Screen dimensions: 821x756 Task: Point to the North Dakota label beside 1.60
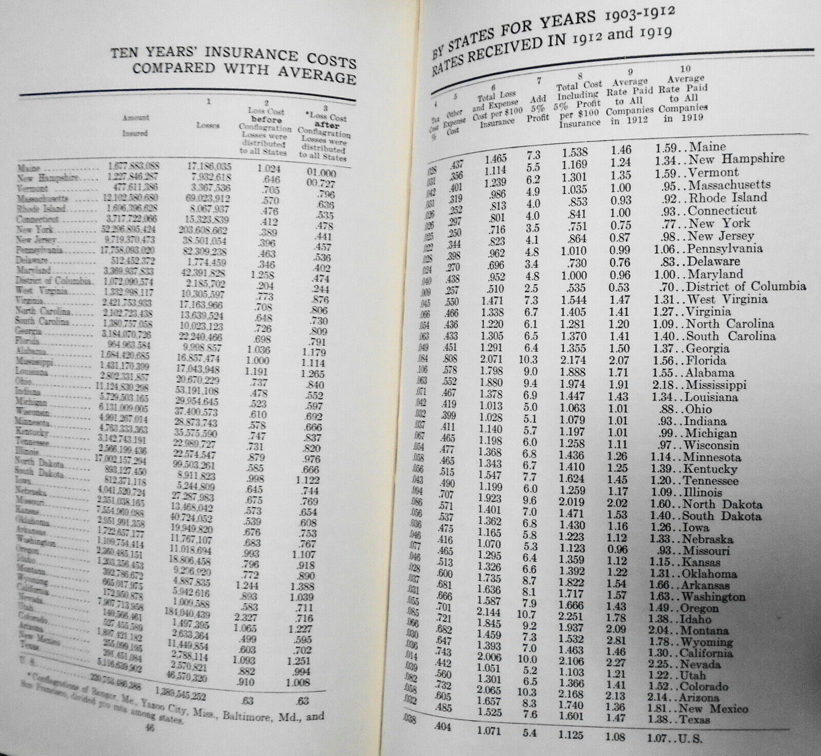[722, 504]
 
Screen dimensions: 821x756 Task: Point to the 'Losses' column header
[207, 125]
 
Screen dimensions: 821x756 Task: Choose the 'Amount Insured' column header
[135, 125]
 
